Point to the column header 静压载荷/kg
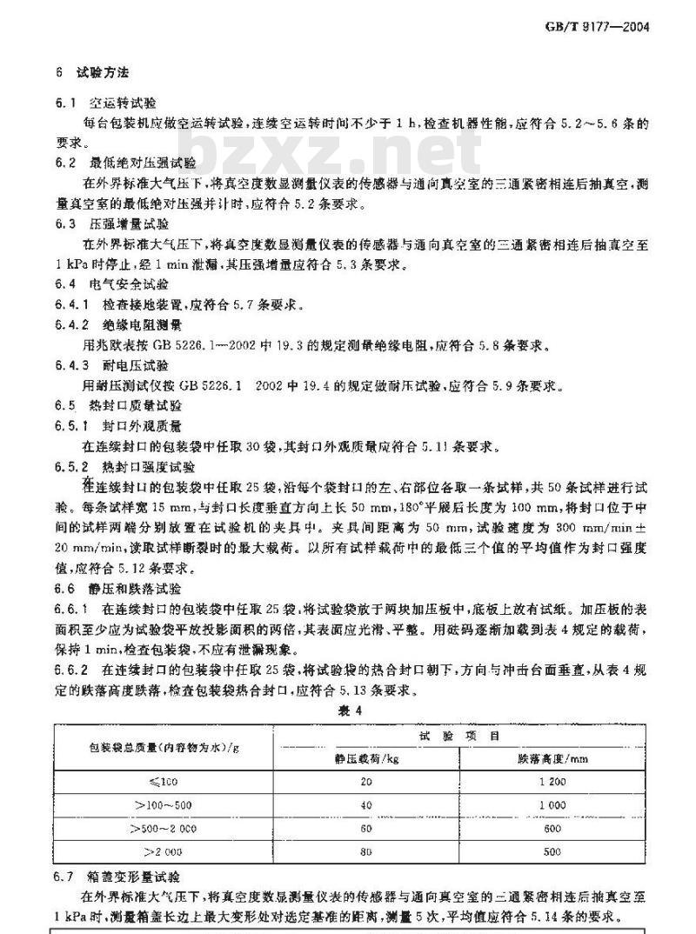coord(366,757)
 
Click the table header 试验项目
coord(459,736)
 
